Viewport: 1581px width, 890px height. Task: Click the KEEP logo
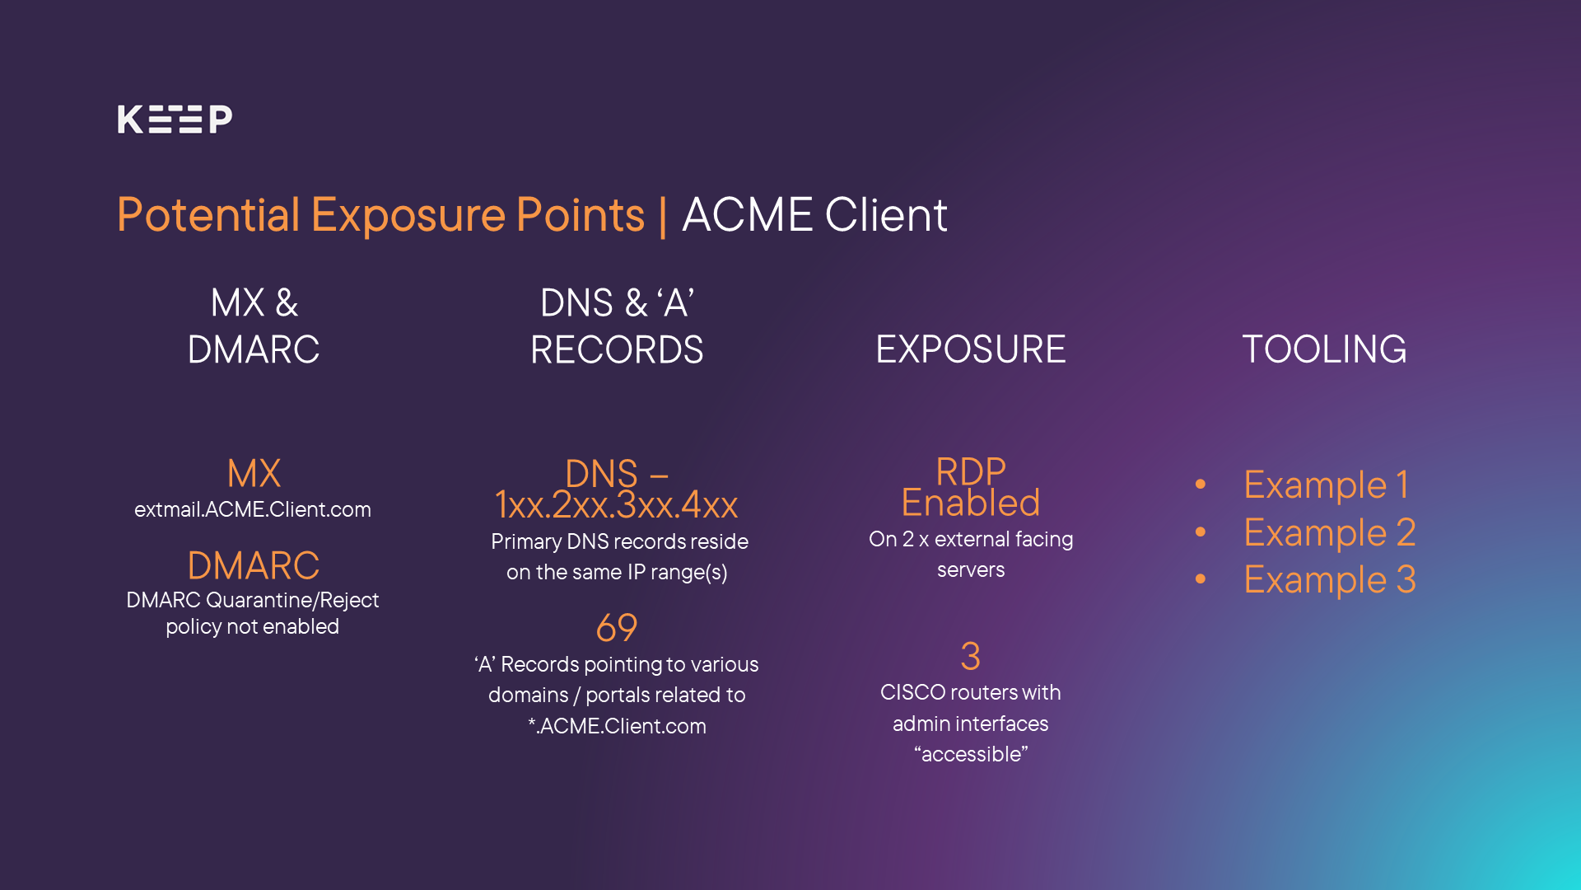175,119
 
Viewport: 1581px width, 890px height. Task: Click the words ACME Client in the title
814,215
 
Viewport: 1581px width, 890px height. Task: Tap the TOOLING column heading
1324,349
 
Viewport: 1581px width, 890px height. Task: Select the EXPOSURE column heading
971,349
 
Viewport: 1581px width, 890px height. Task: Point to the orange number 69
617,628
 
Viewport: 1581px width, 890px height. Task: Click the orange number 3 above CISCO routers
971,657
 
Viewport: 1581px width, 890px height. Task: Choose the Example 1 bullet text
1326,485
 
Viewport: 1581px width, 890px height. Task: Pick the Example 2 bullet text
1329,532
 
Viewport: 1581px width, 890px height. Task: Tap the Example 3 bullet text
1329,579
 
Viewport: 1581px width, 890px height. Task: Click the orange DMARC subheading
253,565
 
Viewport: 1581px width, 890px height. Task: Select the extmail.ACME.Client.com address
253,509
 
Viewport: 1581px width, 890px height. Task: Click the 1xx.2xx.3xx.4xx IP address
617,505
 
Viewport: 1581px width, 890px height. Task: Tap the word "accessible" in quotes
971,754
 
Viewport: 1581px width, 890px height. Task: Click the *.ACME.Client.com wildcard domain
617,726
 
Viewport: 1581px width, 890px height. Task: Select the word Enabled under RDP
971,503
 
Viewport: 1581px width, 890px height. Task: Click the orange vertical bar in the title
663,215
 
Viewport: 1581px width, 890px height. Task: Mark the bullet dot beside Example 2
1201,532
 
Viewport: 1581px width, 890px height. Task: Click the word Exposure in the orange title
408,215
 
